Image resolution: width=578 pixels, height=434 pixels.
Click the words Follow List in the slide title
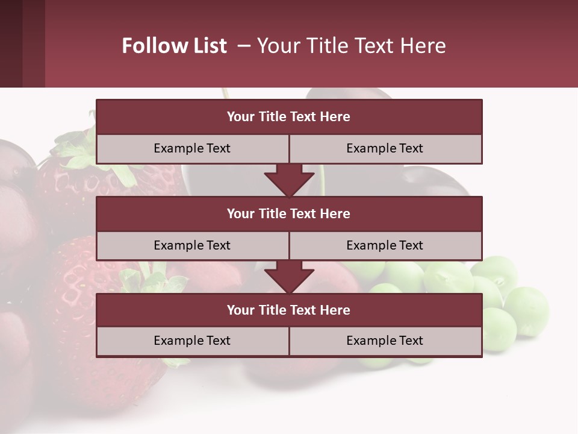175,46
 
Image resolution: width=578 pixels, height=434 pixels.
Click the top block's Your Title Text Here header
288,117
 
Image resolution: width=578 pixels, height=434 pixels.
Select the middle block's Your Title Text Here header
288,213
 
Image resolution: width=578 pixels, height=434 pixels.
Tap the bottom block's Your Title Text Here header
288,310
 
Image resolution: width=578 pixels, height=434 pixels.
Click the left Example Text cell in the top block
192,148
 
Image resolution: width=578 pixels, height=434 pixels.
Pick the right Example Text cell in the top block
385,148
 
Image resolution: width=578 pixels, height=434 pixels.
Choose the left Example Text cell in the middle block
192,245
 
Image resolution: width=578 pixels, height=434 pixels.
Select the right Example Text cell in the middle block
385,245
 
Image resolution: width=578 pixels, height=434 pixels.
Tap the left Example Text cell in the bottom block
192,341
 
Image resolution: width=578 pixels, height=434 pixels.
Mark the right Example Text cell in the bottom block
385,341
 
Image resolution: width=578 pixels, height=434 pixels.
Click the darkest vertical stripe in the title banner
11,43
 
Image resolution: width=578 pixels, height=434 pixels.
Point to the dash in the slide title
244,46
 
